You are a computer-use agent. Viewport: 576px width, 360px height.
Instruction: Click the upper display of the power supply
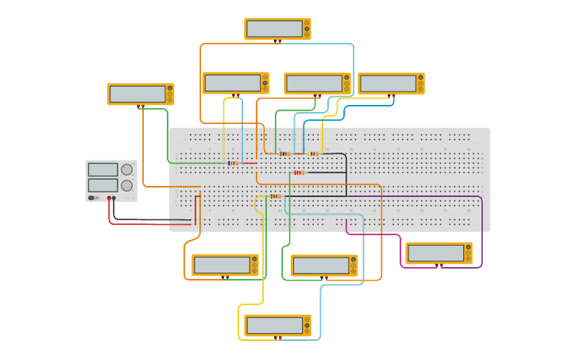point(102,169)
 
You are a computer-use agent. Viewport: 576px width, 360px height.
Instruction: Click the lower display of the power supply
point(102,185)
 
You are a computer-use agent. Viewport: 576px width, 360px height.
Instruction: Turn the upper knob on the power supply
point(126,169)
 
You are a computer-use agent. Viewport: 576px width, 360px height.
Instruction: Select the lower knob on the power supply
point(126,185)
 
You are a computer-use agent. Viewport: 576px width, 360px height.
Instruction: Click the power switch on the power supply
point(92,198)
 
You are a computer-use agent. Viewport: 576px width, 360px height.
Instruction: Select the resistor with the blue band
point(233,163)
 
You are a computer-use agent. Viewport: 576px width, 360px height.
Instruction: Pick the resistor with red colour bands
point(299,172)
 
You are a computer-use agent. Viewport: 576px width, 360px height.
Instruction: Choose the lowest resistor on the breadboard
point(275,196)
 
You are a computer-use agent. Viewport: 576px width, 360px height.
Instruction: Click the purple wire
point(481,230)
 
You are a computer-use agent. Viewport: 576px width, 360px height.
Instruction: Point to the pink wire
point(373,234)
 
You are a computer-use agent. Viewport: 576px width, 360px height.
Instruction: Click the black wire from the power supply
point(151,219)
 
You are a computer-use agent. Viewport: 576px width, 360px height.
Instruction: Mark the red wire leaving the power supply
point(151,224)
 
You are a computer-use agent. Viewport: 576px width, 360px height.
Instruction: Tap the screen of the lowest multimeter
point(274,325)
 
